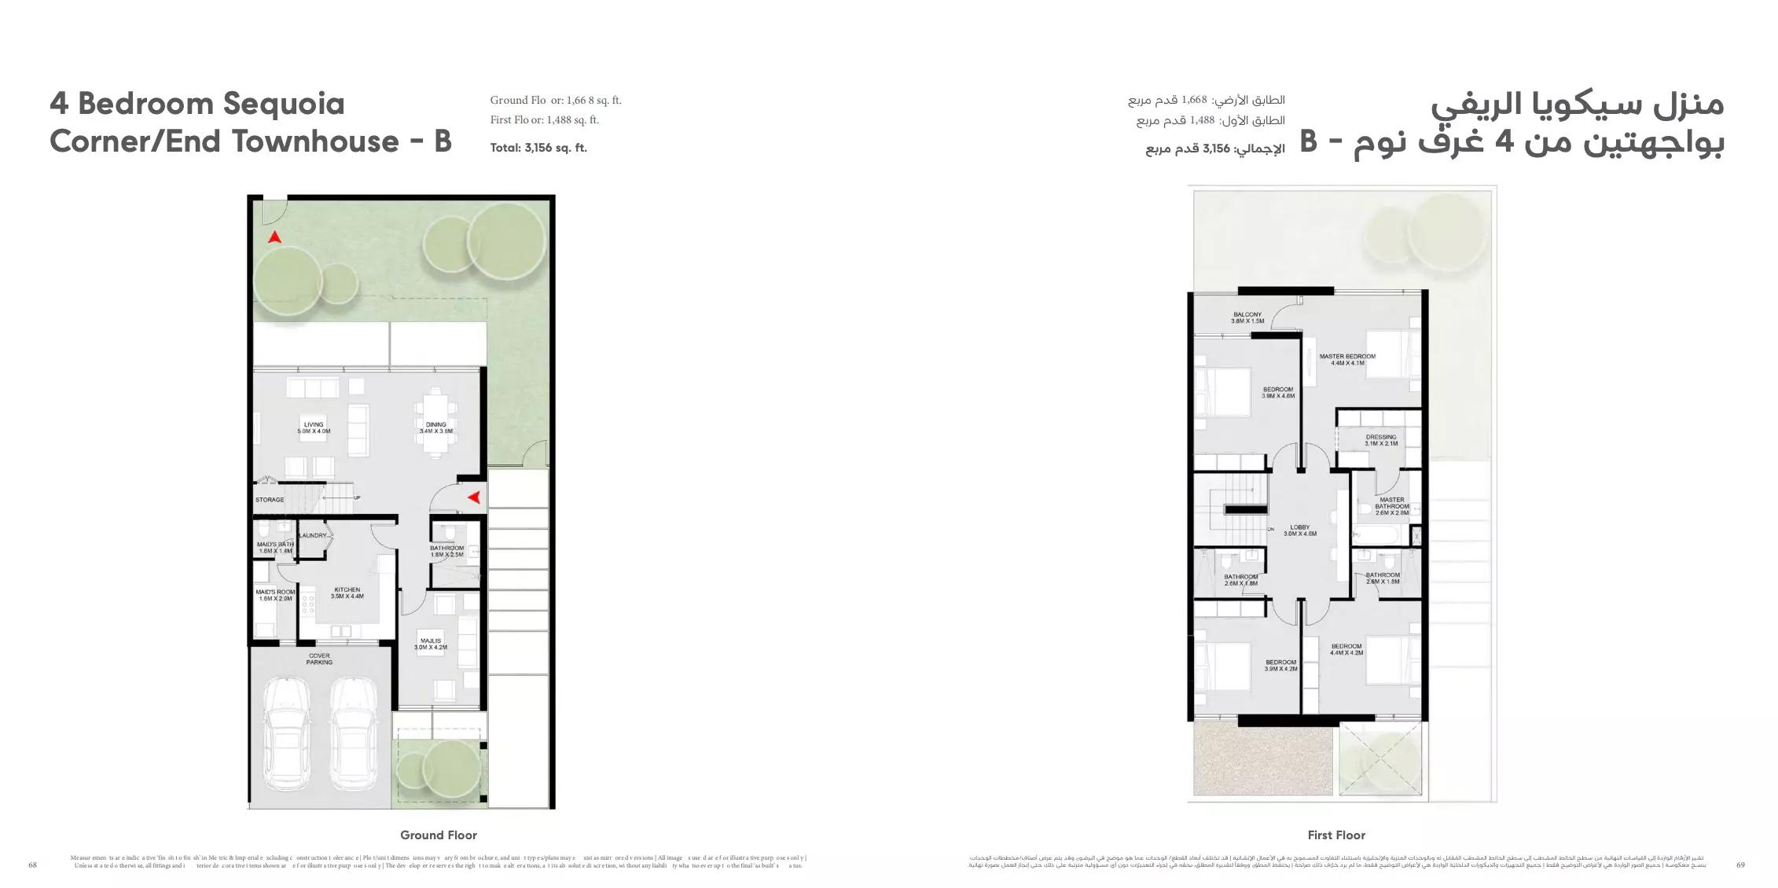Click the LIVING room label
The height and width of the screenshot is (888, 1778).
coord(314,427)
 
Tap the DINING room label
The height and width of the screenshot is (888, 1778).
coord(436,427)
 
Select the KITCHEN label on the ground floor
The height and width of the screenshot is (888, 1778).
coord(347,593)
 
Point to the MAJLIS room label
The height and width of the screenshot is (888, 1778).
coord(431,644)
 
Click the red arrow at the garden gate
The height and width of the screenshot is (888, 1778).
coord(274,237)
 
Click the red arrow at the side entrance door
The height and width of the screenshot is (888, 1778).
coord(474,497)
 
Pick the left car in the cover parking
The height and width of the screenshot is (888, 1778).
coord(287,736)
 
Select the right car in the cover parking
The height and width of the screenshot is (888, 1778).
coord(351,736)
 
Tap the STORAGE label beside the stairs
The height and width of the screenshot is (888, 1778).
coord(270,500)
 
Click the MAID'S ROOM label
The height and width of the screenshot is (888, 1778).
coord(275,595)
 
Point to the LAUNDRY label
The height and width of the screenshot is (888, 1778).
coord(313,536)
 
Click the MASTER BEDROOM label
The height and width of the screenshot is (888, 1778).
coord(1347,359)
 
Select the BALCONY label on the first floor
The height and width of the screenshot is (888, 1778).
coord(1247,317)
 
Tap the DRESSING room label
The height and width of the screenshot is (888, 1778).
coord(1381,440)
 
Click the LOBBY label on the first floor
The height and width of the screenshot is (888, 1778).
coord(1300,530)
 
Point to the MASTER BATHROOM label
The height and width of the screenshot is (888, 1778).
coord(1392,506)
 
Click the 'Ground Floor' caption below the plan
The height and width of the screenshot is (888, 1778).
coord(438,835)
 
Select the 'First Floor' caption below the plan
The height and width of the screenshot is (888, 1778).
coord(1336,835)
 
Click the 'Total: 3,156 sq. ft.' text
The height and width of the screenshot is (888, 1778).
coord(538,148)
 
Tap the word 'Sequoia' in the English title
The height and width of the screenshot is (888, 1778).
coord(284,104)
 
